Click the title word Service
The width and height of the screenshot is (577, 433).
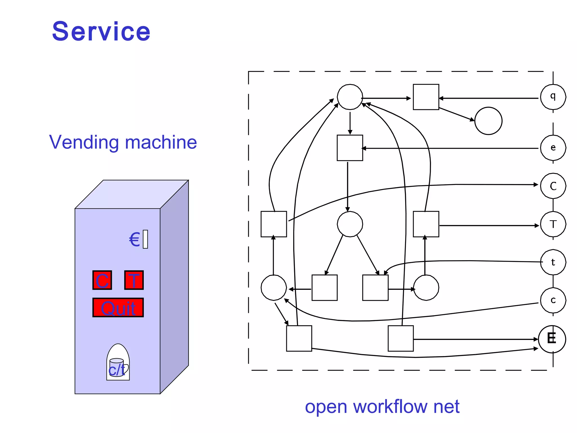(x=101, y=31)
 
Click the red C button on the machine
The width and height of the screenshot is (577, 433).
(x=102, y=280)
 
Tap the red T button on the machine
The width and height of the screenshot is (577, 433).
(x=134, y=280)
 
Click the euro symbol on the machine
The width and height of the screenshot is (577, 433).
(x=135, y=240)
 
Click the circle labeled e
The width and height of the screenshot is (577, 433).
(x=553, y=148)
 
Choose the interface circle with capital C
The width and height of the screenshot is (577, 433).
(x=553, y=186)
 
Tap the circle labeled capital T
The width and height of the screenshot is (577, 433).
(x=553, y=224)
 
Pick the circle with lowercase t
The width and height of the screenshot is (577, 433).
(x=553, y=262)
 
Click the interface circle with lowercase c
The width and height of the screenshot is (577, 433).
(x=553, y=300)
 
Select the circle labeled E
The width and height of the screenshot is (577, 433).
(x=552, y=339)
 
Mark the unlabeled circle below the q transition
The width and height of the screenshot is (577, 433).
(x=488, y=121)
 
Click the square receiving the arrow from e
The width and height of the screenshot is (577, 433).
(x=350, y=148)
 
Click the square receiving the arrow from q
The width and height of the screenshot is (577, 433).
(x=426, y=97)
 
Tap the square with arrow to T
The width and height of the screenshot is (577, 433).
(x=426, y=224)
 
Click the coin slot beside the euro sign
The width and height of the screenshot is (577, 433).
(x=145, y=239)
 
